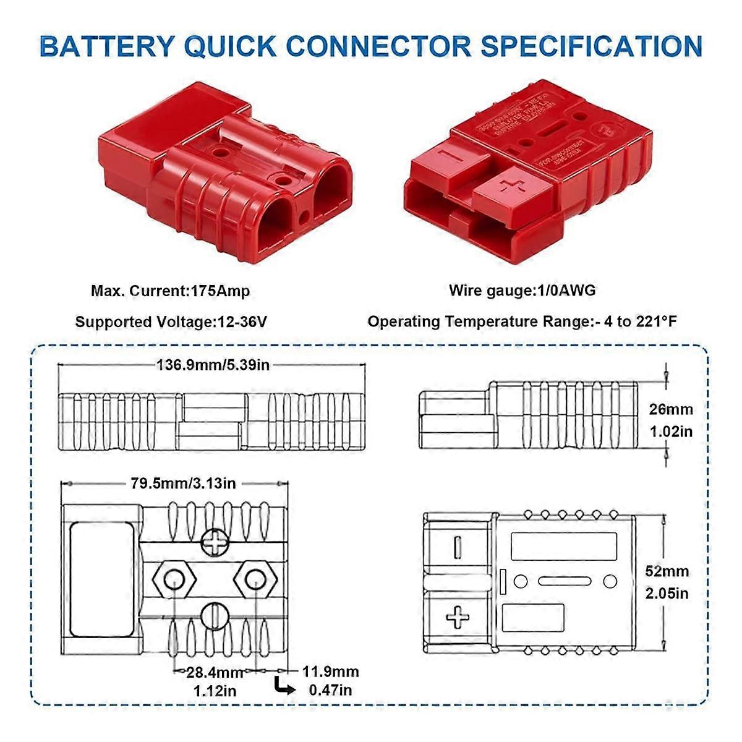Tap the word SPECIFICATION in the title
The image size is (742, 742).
592,46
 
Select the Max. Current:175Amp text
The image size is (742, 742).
170,291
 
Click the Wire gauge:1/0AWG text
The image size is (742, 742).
522,290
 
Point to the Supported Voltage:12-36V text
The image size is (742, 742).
171,322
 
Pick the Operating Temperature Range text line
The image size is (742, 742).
522,322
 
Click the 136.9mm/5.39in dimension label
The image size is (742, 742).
213,365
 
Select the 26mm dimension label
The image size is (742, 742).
671,409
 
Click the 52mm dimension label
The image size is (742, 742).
667,571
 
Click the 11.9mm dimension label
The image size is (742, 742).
330,672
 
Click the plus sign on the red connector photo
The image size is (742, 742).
511,185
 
